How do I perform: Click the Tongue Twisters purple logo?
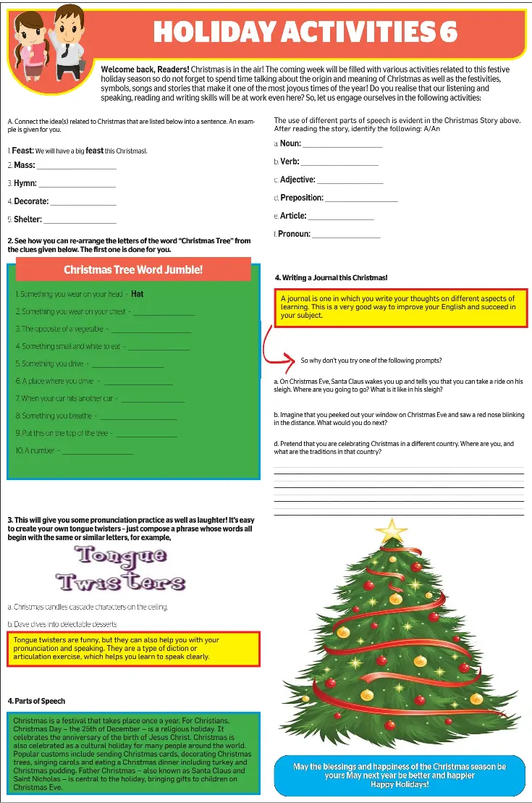[121, 569]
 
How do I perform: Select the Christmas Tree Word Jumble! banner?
[133, 269]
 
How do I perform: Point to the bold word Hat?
[138, 294]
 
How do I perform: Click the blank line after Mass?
[77, 167]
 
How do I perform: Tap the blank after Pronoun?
[346, 236]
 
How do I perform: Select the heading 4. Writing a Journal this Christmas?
[331, 277]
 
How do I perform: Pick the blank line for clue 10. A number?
[98, 453]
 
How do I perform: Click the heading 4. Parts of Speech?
[36, 701]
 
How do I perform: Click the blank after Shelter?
[80, 222]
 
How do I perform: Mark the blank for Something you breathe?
[138, 418]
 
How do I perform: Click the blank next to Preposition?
[361, 200]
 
